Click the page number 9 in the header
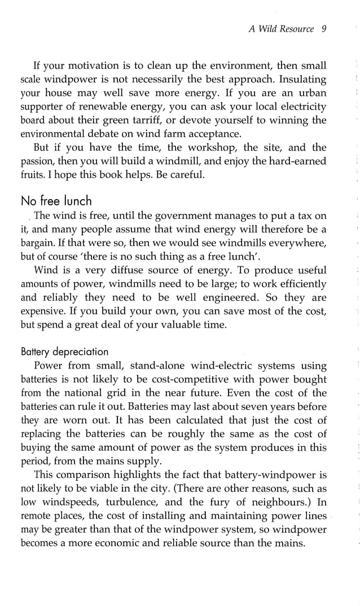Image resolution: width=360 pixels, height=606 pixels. (324, 29)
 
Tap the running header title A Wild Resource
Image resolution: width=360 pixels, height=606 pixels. (281, 29)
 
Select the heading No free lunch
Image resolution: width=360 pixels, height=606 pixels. (56, 200)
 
